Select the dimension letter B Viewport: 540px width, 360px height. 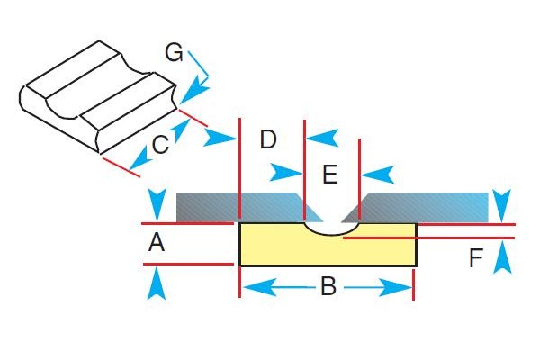328,287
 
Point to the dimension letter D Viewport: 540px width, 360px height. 267,139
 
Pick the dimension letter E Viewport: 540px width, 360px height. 330,174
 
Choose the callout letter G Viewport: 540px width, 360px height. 175,51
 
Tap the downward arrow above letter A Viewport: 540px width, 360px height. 157,202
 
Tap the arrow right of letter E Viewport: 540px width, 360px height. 377,173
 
